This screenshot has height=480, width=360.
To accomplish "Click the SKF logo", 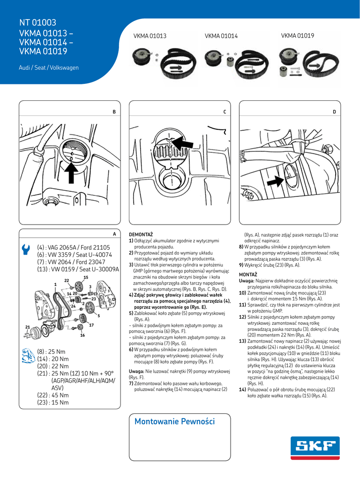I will coord(315,446).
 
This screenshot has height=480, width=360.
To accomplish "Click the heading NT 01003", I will coord(37,22).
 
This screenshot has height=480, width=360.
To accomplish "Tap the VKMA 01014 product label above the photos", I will coord(221,36).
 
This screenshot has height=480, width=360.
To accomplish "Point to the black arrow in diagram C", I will coord(182,142).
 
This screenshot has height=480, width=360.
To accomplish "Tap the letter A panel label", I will coord(114,233).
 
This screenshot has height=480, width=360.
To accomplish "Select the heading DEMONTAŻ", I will coord(141,234).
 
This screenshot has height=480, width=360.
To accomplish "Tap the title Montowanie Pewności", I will coord(174,421).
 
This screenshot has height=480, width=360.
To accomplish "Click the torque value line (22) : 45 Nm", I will coord(53,395).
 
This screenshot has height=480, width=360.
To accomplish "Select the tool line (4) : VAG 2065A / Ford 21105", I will coord(74,247).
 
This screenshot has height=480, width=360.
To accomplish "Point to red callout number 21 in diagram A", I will coord(28,327).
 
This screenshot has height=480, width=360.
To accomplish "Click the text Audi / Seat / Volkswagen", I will coord(49,68).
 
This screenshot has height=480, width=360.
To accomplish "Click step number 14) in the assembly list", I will coord(242,390).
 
